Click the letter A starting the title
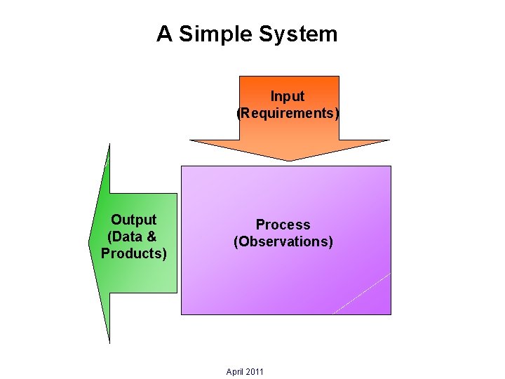pos(165,34)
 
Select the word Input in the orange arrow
pos(288,96)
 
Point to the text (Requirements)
pos(288,113)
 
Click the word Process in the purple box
pos(283,225)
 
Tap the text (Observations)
pos(283,241)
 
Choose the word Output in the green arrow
pos(134,220)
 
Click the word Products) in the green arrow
pos(134,253)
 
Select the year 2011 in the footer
pos(255,371)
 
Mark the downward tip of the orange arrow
pos(289,160)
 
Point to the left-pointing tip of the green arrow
pos(90,242)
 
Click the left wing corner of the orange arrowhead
pos(191,140)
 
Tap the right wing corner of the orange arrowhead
pos(388,140)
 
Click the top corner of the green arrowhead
pos(109,145)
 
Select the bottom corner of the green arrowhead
pos(109,341)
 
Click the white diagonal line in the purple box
pos(361,293)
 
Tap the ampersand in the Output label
pos(151,237)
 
